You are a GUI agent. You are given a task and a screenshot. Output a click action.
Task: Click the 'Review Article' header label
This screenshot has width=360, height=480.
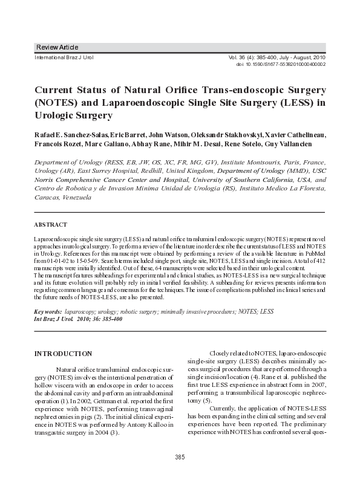point(57,47)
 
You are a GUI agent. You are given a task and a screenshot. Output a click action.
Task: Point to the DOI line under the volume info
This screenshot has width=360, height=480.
point(280,63)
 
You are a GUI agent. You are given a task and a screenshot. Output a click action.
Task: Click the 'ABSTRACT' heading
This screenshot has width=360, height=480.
point(51,224)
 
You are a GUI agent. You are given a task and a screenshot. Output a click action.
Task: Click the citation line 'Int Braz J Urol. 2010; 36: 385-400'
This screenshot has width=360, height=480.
point(79,319)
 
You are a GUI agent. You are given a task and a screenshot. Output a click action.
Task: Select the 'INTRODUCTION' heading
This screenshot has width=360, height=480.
point(64,353)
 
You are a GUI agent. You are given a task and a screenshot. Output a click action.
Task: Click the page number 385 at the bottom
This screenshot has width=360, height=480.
point(180,456)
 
